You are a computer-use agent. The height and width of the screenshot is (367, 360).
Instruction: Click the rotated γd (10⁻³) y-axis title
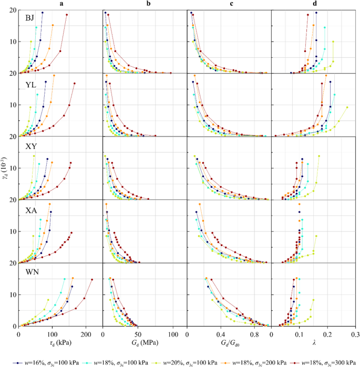coord(5,168)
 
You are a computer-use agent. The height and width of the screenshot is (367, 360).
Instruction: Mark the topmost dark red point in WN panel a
coord(92,280)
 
